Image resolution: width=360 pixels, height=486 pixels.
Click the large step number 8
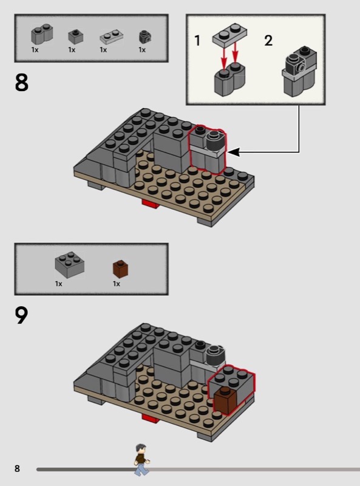coord(21,83)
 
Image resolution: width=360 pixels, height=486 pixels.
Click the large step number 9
coord(21,315)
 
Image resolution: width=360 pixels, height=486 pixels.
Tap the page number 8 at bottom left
coord(18,468)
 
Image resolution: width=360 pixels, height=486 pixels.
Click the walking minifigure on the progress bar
coord(142,460)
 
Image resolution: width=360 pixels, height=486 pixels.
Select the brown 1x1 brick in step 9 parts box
coord(120,269)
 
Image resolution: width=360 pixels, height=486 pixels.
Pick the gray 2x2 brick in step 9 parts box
coord(69,264)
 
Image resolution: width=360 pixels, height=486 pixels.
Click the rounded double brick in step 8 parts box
coord(42,35)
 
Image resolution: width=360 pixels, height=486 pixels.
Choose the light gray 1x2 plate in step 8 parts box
coord(112,37)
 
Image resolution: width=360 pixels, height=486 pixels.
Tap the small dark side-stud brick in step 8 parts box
coord(145,37)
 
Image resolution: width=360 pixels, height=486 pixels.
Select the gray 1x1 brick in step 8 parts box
coord(76,36)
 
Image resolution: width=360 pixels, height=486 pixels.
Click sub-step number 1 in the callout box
coord(197,41)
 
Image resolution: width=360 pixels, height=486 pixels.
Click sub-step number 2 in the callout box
coord(268,41)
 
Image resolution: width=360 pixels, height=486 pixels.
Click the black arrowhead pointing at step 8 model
coord(234,152)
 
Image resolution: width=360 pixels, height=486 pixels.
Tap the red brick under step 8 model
coord(151,204)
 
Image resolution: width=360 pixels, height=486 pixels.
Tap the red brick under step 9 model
coord(151,418)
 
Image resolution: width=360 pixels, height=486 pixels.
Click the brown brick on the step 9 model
coord(225,400)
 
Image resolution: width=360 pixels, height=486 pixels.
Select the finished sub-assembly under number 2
coord(300,72)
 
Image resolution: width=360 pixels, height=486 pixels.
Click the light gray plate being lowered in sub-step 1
coord(229,35)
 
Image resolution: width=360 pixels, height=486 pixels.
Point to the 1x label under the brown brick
coord(117,284)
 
